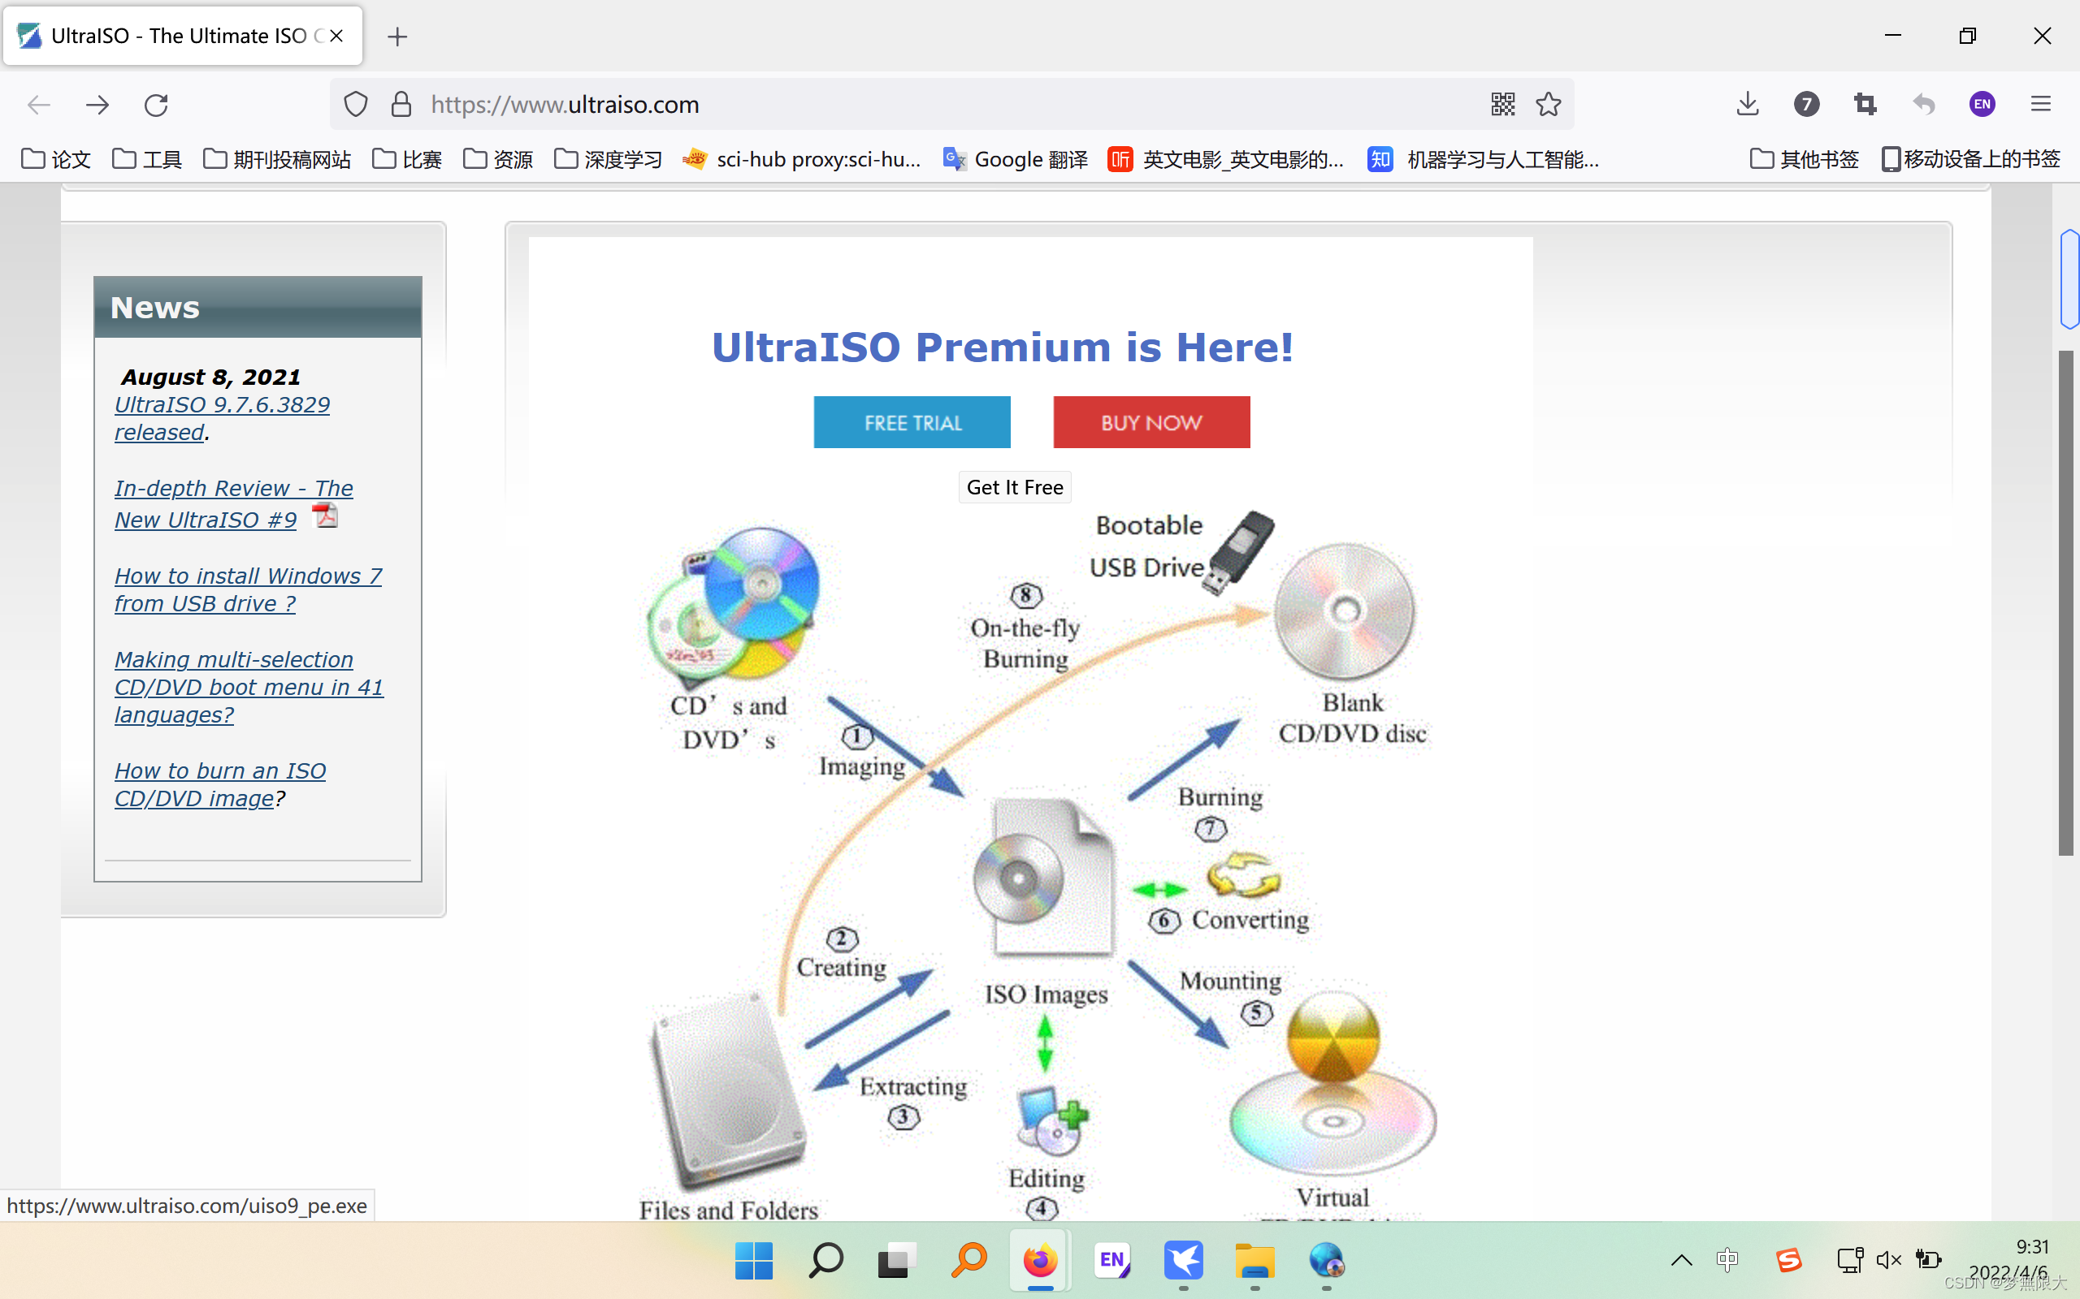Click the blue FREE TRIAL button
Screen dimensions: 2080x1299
(912, 422)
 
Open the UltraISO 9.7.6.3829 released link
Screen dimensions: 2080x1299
(222, 417)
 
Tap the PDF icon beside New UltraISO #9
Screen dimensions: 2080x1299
(325, 516)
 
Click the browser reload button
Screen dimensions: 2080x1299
(155, 105)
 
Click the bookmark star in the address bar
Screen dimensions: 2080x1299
(1548, 105)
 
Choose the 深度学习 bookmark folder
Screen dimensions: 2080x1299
(609, 160)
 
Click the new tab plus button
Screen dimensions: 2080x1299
(397, 36)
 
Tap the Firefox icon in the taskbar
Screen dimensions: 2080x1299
(1040, 1260)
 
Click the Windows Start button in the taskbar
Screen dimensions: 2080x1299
(754, 1260)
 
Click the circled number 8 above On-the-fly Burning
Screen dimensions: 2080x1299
(1025, 594)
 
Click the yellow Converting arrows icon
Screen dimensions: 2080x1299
(1243, 875)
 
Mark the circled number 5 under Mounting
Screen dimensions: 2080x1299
(1256, 1013)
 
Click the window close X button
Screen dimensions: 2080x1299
(2042, 36)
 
